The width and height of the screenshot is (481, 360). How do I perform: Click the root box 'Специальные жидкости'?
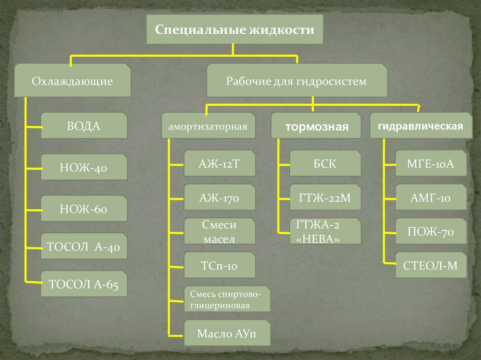[x=234, y=30]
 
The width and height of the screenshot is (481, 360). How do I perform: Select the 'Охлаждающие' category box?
[x=72, y=81]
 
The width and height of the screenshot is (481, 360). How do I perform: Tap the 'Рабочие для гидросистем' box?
[x=296, y=81]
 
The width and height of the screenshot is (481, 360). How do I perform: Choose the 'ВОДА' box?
[x=84, y=125]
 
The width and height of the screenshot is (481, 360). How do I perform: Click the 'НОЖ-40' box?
[x=84, y=167]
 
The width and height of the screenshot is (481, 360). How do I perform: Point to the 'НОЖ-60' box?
[x=84, y=208]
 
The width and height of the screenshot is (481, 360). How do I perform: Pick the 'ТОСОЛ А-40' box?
[x=84, y=246]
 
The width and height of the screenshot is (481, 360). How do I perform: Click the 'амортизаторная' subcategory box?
[x=208, y=126]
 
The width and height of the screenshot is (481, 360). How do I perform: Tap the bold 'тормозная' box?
[x=317, y=126]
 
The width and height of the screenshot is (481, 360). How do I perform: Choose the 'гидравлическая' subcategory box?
[x=420, y=126]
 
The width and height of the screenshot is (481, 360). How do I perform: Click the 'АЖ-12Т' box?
[x=219, y=163]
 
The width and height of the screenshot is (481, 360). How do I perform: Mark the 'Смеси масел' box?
[x=219, y=231]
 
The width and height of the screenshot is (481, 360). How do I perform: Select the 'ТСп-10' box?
[x=219, y=265]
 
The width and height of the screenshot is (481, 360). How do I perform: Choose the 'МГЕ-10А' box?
[x=431, y=163]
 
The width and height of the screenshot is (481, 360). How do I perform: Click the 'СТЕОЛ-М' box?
[x=431, y=265]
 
